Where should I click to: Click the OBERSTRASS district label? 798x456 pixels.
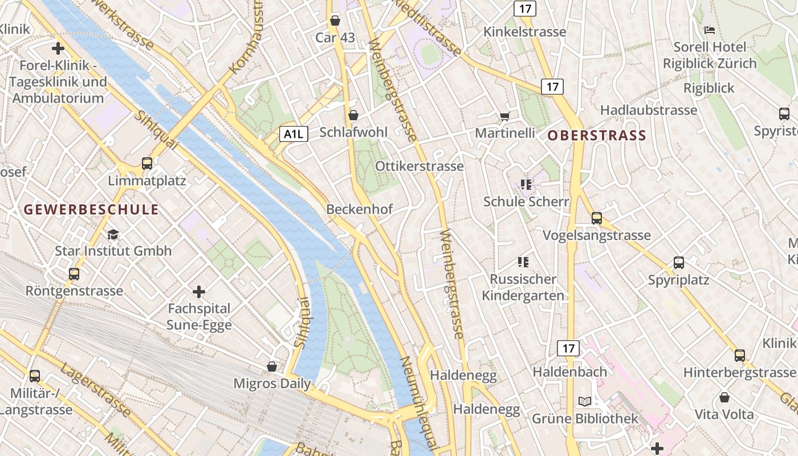pos(597,136)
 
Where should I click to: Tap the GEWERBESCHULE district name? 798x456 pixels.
pos(91,209)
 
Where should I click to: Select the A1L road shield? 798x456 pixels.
pos(294,134)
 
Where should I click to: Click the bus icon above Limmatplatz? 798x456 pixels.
pos(147,164)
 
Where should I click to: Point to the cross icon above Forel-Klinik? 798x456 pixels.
pos(58,48)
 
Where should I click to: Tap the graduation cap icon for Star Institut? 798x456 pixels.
pos(113,234)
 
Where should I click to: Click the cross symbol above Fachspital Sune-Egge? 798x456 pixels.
pos(199,292)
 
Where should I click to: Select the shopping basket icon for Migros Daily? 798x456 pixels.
pos(272,366)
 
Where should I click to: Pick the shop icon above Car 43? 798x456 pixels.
pos(335,21)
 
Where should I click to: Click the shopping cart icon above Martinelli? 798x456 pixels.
pos(504,116)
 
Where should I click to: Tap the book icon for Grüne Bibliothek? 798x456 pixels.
pos(585,402)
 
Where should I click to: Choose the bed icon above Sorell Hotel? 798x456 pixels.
pos(709,30)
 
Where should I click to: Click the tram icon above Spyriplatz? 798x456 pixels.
pos(678,263)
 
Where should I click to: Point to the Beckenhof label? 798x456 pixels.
pos(359,209)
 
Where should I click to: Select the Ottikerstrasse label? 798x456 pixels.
pos(419,166)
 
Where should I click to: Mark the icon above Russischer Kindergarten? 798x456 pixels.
pos(523,262)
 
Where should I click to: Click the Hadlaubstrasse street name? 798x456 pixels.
pos(649,110)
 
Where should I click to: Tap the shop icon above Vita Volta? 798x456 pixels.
pos(724,397)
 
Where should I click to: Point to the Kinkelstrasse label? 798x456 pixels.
pos(524,32)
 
